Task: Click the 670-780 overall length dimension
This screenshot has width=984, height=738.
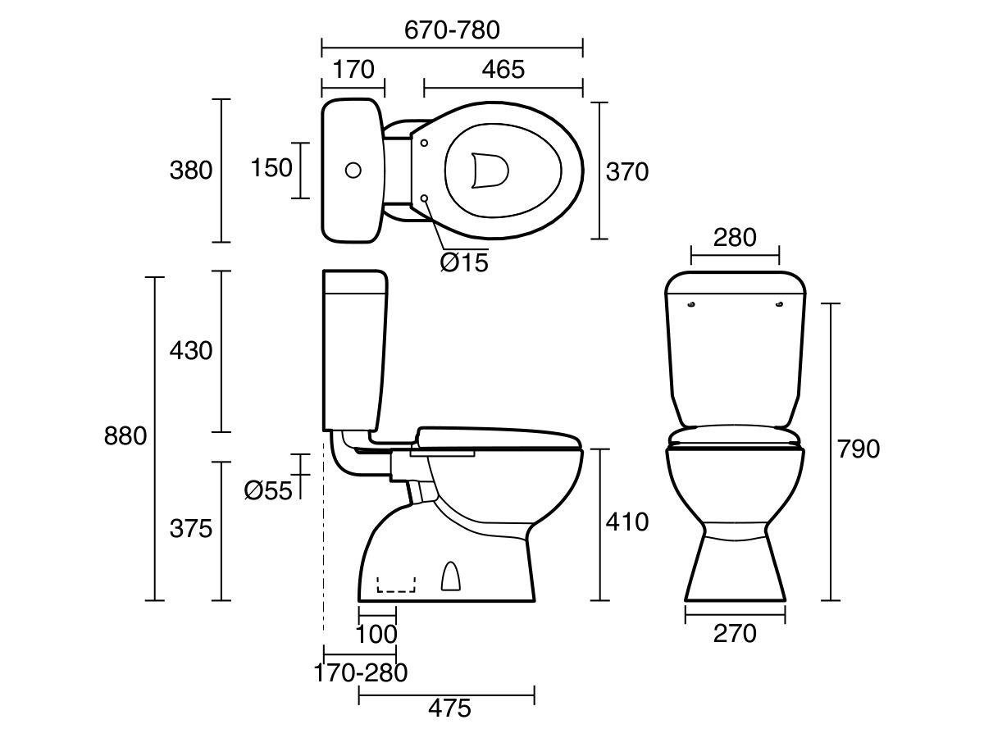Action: pyautogui.click(x=452, y=30)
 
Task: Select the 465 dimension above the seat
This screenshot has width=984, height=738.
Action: pyautogui.click(x=503, y=70)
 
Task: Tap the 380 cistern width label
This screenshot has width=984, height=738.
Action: pyautogui.click(x=190, y=171)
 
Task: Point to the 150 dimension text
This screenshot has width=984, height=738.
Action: pyautogui.click(x=271, y=167)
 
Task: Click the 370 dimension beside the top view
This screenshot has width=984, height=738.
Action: pyautogui.click(x=626, y=171)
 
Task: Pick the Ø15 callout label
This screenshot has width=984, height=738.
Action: pyautogui.click(x=463, y=262)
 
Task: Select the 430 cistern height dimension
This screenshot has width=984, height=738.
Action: pyautogui.click(x=190, y=351)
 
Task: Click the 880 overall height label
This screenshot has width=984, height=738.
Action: pyautogui.click(x=125, y=436)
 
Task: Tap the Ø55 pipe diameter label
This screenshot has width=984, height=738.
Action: pyautogui.click(x=268, y=490)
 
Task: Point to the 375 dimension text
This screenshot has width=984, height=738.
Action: pyautogui.click(x=190, y=529)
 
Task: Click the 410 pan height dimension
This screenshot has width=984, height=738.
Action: pyautogui.click(x=626, y=522)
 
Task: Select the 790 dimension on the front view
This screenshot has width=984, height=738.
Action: pyautogui.click(x=858, y=449)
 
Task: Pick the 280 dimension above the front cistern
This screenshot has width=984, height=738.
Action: pyautogui.click(x=734, y=238)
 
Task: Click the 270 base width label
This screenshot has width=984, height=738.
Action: pyautogui.click(x=735, y=633)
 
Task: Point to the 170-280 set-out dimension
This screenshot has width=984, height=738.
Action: pyautogui.click(x=361, y=673)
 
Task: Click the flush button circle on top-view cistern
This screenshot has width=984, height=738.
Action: pyautogui.click(x=353, y=171)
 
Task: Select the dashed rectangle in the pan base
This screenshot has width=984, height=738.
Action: pyautogui.click(x=396, y=584)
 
